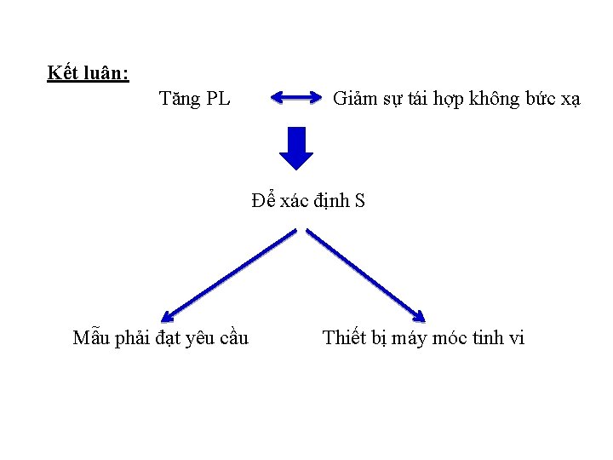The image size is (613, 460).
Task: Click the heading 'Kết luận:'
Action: (88, 73)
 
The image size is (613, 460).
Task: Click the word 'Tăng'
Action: (177, 100)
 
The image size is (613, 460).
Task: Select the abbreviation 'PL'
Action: (218, 100)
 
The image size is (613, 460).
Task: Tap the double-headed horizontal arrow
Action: (295, 99)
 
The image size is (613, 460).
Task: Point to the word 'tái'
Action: (417, 100)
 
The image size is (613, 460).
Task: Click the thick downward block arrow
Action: (296, 148)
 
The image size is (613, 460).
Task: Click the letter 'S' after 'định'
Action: (359, 202)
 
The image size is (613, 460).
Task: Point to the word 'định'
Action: (333, 202)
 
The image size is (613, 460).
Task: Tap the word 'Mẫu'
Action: (92, 338)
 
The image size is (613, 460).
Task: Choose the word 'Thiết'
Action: (343, 338)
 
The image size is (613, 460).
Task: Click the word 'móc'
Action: (450, 338)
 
